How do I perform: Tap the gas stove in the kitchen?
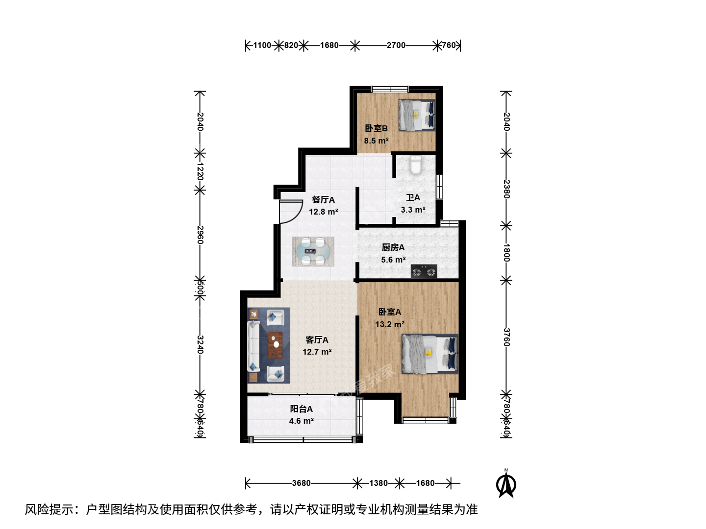[x=424, y=271]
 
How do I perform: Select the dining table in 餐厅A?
[x=313, y=251]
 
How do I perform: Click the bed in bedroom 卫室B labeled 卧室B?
[x=417, y=115]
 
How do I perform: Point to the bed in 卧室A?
[x=430, y=354]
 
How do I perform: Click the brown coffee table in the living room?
[x=276, y=345]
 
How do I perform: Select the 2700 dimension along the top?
[x=396, y=45]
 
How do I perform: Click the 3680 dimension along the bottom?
[x=302, y=483]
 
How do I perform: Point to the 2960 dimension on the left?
[x=200, y=235]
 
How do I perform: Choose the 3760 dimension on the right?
[x=506, y=337]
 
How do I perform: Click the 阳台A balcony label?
[x=302, y=409]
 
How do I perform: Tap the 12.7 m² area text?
[x=317, y=352]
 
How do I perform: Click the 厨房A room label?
[x=393, y=247]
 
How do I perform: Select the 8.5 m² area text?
[x=377, y=141]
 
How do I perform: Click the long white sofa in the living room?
[x=254, y=347]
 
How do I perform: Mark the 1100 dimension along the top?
[x=262, y=45]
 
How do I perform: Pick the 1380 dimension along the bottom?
[x=378, y=483]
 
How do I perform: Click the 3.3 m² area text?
[x=413, y=210]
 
